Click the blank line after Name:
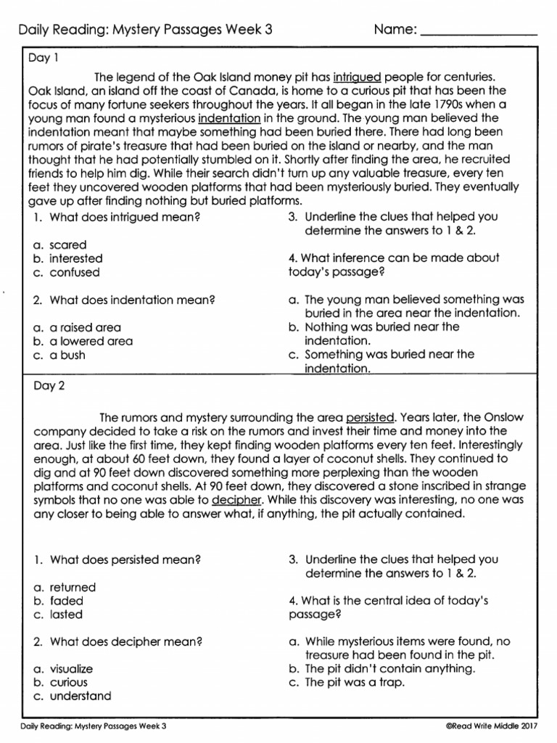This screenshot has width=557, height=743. tap(479, 32)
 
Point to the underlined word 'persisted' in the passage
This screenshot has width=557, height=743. tap(371, 417)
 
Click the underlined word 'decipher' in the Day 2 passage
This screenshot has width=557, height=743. tap(235, 500)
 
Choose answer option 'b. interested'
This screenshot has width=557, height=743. tap(67, 258)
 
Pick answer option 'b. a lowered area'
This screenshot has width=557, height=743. tap(83, 341)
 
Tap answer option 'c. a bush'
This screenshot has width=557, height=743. tap(59, 355)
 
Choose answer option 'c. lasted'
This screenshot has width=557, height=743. tap(58, 615)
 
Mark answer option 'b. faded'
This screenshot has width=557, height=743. tap(58, 601)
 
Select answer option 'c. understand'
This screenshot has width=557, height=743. tap(72, 696)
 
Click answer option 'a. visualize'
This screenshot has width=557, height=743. tap(63, 669)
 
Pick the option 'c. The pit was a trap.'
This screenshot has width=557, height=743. tap(346, 683)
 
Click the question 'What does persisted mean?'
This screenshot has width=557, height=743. tap(117, 559)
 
